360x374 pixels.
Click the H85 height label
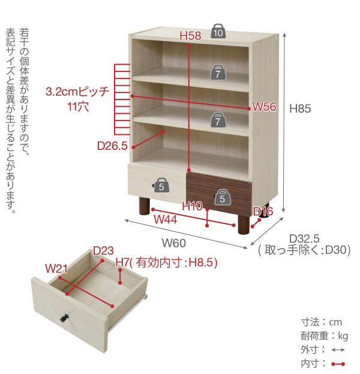300,108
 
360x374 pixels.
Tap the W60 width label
174,243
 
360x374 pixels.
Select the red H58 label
190,36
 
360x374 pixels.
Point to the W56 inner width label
264,107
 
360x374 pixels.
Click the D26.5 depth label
112,146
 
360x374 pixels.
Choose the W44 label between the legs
166,219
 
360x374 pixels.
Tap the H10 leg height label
192,206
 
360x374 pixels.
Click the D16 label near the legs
263,212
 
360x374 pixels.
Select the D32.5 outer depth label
304,239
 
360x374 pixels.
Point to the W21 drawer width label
56,269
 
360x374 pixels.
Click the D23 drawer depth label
103,251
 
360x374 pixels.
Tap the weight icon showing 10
218,31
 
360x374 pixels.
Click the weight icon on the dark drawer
222,197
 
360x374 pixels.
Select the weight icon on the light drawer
161,185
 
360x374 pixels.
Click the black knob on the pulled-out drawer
64,318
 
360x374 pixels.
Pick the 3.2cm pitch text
77,92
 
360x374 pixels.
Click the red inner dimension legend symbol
338,364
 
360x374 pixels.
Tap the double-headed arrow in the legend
338,350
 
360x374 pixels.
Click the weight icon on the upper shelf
218,73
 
